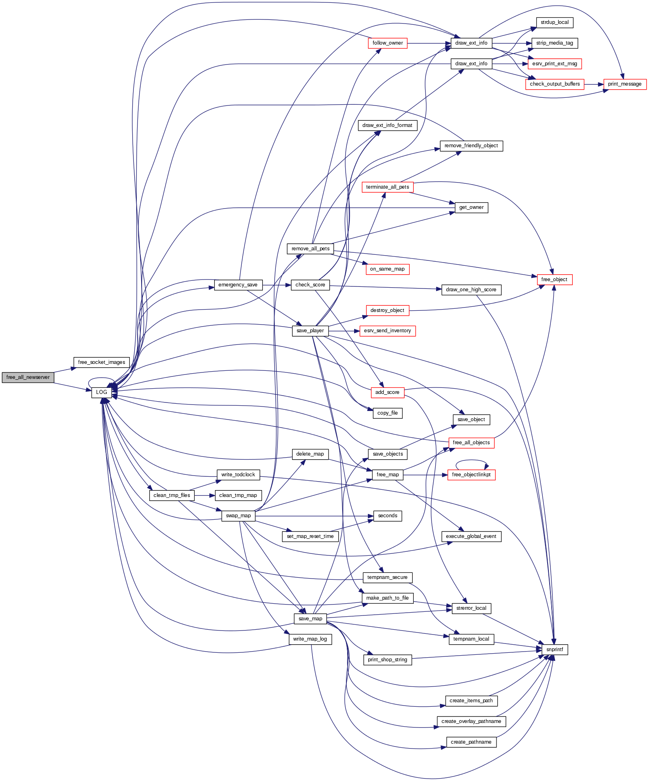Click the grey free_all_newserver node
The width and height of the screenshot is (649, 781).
point(28,377)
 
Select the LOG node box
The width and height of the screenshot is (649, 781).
point(101,392)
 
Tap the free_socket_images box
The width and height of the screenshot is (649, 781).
point(101,362)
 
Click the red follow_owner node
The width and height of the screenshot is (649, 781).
point(387,43)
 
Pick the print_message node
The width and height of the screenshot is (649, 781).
point(625,84)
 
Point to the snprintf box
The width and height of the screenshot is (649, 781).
point(554,650)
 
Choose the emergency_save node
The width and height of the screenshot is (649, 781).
point(238,285)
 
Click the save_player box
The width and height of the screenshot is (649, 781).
point(310,331)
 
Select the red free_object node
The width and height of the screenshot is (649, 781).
point(554,280)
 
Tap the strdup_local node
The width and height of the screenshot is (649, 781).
point(554,22)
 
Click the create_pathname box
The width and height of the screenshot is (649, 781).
point(471,742)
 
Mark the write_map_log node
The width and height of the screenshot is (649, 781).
point(310,639)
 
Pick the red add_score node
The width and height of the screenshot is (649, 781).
point(387,392)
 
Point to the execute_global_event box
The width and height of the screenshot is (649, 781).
point(471,536)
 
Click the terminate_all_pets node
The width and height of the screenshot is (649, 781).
point(387,187)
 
